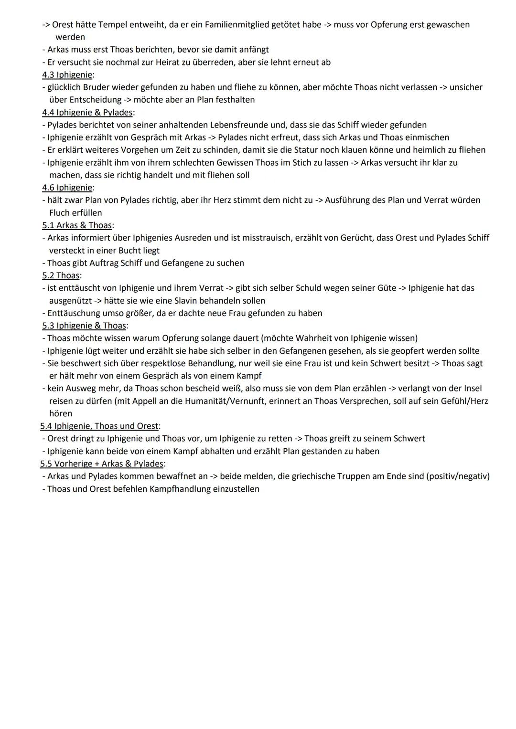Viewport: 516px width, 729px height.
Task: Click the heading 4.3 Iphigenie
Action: [x=67, y=74]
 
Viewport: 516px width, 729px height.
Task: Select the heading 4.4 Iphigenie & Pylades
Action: [x=87, y=112]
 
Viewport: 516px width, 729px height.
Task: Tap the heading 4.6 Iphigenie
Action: [x=67, y=188]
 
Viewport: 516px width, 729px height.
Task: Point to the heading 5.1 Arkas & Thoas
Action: [x=77, y=225]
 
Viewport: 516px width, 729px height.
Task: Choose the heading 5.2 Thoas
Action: [x=61, y=275]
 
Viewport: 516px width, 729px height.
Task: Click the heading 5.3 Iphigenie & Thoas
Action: [x=85, y=326]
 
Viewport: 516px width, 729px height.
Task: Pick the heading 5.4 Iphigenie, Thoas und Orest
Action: [x=100, y=426]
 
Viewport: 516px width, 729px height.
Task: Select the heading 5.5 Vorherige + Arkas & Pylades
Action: [x=102, y=464]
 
